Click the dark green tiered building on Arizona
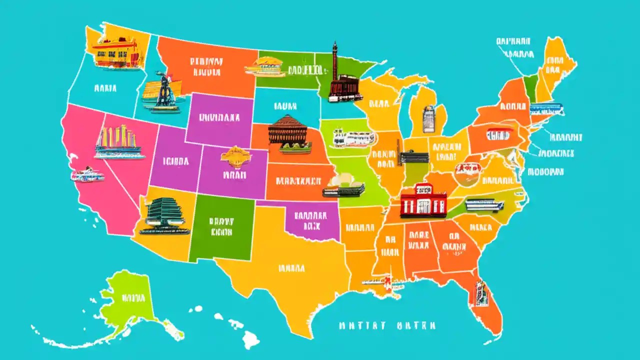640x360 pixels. (164, 215)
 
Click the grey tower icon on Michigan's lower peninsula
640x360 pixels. (428, 119)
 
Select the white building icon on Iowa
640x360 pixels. (353, 138)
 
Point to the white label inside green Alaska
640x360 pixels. (133, 299)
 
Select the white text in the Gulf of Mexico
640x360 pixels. (386, 325)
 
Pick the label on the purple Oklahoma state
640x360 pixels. (310, 220)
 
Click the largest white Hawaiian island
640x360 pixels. (251, 340)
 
